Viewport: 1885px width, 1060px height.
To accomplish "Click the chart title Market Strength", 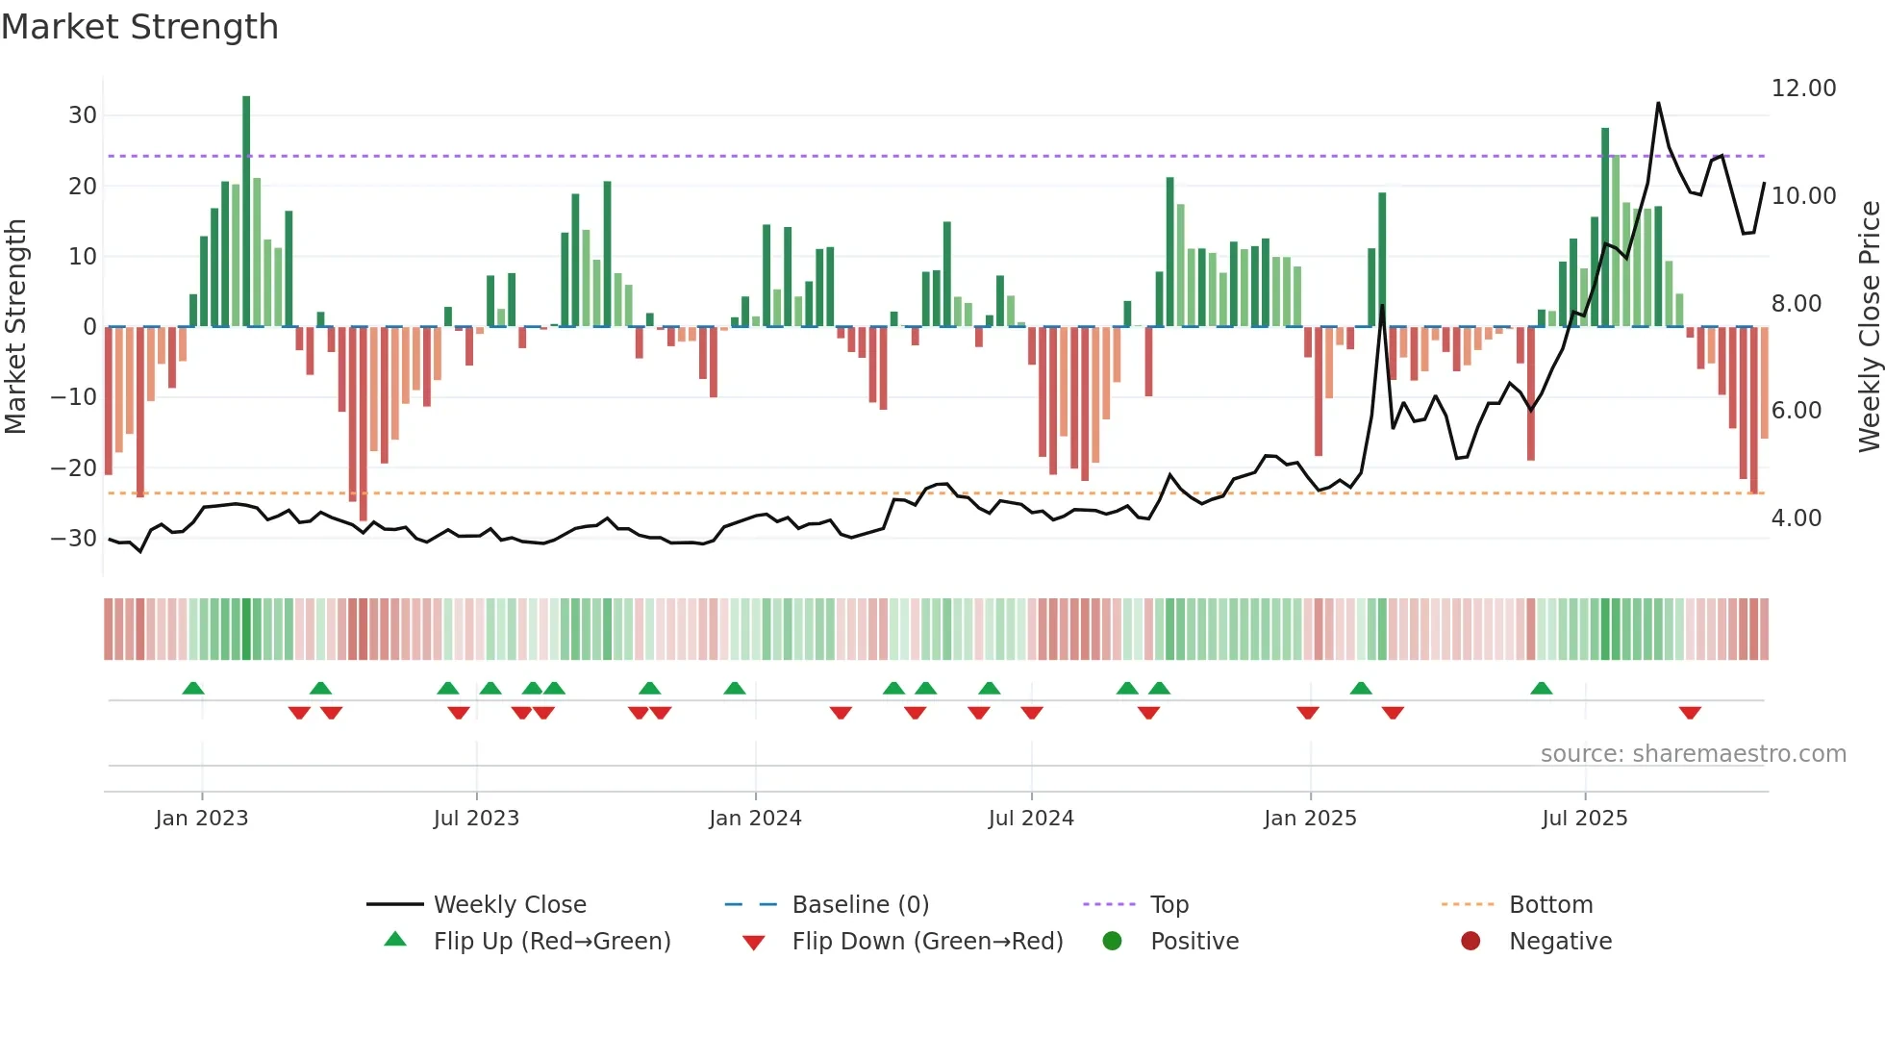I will point(139,27).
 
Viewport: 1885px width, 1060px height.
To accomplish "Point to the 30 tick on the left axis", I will point(83,115).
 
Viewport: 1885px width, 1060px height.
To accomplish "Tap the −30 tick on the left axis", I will point(74,539).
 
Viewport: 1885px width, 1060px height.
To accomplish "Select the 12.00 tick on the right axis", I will point(1803,88).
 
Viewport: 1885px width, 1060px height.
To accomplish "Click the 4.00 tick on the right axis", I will point(1797,518).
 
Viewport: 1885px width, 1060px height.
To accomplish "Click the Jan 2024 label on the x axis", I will point(755,819).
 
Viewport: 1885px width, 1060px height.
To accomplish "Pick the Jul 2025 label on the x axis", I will point(1584,819).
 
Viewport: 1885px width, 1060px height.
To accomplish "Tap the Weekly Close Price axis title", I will point(1869,327).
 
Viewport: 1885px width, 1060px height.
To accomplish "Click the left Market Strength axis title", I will point(16,327).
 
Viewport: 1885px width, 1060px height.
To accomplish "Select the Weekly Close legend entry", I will point(509,905).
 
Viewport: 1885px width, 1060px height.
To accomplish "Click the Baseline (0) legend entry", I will point(860,905).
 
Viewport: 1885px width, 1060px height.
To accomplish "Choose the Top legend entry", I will point(1169,905).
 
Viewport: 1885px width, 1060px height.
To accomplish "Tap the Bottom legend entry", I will point(1550,905).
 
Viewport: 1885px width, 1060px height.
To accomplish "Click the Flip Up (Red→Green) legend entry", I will point(551,942).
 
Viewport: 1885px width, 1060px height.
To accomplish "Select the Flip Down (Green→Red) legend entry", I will point(926,942).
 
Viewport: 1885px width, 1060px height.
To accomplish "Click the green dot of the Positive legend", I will point(1113,942).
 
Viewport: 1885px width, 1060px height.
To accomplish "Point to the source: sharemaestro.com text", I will point(1693,754).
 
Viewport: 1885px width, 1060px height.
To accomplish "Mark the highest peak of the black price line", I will point(1658,103).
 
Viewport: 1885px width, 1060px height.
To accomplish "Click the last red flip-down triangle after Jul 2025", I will point(1690,713).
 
